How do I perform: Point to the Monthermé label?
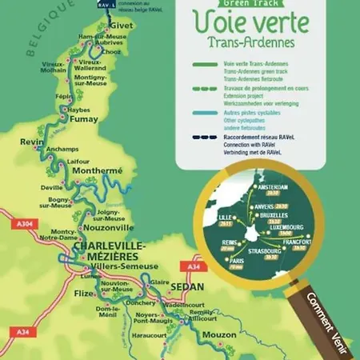click(95, 171)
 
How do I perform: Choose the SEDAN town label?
click(188, 286)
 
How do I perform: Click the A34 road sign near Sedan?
click(192, 266)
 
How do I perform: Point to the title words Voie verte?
click(250, 19)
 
